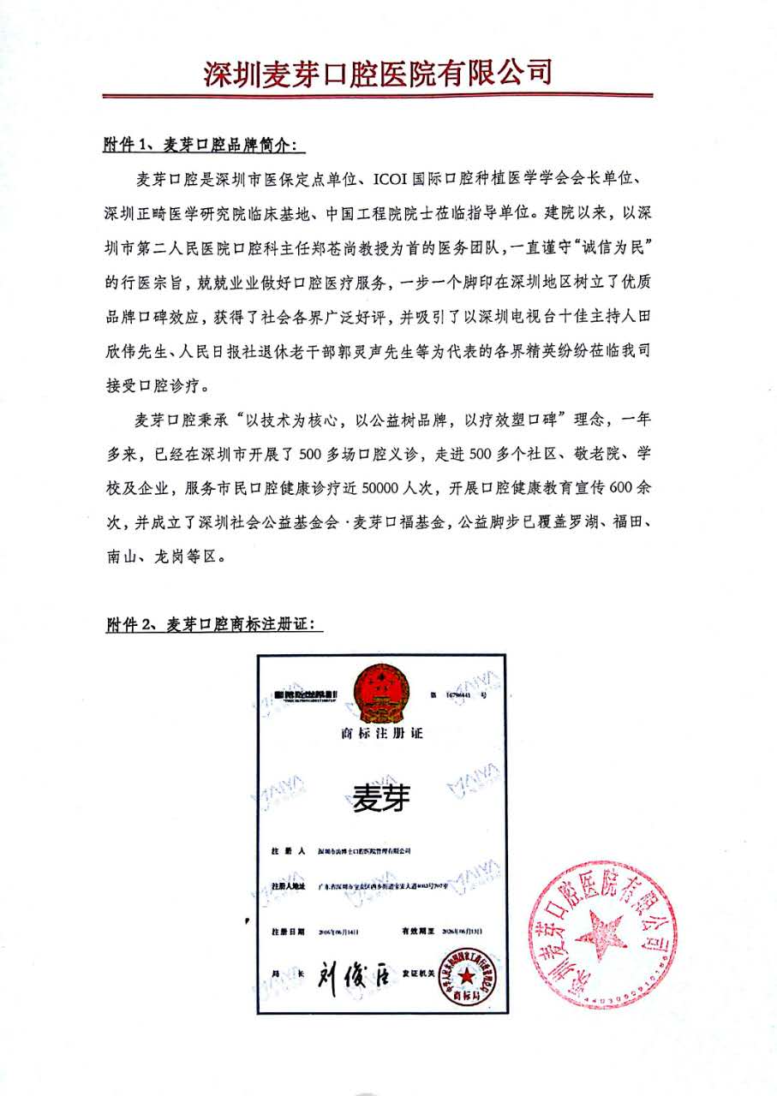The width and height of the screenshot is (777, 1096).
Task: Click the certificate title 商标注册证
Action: (x=382, y=735)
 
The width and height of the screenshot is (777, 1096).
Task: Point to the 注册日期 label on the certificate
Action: (x=287, y=930)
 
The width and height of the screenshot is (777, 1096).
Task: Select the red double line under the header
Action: (x=377, y=95)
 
